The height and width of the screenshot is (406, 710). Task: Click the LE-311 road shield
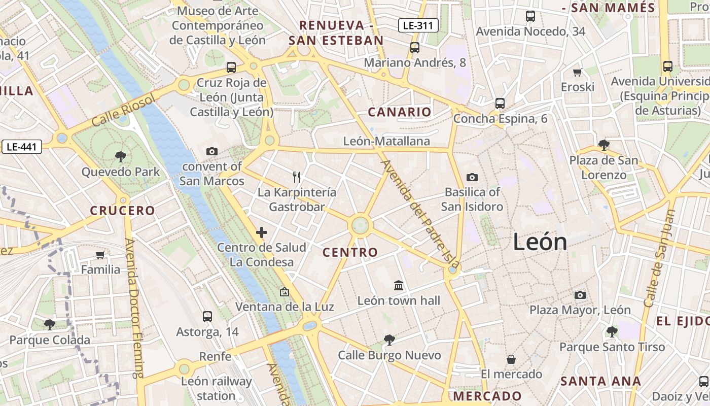coord(418,25)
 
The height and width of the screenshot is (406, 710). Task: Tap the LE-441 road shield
coord(21,147)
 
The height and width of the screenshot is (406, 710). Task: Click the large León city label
coord(540,242)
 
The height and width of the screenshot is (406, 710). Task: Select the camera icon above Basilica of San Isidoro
coord(472,177)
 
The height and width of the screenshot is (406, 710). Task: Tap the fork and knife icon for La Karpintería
coord(297,177)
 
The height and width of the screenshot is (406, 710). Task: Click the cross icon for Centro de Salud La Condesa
coord(262,232)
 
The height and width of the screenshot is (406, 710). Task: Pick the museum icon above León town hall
coord(399,285)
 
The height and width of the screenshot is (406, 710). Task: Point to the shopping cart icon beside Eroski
coord(577,72)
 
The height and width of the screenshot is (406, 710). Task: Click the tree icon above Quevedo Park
coord(120,156)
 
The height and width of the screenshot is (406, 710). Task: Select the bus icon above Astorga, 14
coord(207,317)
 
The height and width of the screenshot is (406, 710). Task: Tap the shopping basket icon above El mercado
coord(511,359)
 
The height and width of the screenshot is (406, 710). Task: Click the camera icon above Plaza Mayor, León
coord(580,295)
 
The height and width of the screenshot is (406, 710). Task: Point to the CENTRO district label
coord(350,252)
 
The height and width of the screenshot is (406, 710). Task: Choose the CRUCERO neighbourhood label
coord(122,211)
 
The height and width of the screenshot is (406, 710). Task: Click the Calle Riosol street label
coord(123,110)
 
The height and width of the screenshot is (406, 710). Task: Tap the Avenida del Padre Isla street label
coord(420,214)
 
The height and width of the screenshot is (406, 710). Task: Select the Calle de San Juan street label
coord(660,259)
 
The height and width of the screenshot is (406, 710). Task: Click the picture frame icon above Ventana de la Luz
coord(284,292)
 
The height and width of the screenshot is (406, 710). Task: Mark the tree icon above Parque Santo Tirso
coord(612,332)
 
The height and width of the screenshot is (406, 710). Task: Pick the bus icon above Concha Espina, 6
coord(500,103)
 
